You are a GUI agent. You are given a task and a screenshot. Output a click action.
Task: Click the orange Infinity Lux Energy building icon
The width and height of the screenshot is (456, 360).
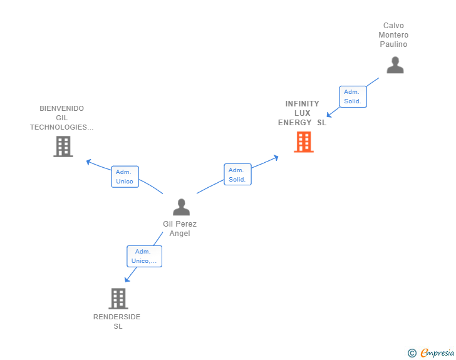coord(304,142)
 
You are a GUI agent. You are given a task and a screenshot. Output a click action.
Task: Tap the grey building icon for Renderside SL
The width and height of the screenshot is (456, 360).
coord(118,299)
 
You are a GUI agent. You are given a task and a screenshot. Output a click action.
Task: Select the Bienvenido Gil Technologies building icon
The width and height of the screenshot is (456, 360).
coord(63,147)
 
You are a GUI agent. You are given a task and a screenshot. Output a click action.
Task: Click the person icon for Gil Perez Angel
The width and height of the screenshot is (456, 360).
coord(181,207)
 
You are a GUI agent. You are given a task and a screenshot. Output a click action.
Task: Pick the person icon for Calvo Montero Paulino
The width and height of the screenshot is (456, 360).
coord(395,65)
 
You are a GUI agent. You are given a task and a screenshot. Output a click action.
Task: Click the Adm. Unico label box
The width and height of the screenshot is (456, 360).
coord(125,177)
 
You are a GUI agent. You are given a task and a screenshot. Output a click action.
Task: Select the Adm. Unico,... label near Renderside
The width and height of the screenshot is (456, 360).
coord(145,256)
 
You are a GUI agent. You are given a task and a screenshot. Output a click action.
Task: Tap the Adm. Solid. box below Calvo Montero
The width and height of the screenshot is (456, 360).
coord(353,96)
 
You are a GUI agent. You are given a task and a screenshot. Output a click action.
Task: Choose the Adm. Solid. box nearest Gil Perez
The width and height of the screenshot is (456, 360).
coord(237,175)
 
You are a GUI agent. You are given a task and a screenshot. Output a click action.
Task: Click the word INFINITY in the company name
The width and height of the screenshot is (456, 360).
coord(303,104)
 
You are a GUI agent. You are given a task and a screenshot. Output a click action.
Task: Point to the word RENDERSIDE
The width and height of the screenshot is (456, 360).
coord(117,317)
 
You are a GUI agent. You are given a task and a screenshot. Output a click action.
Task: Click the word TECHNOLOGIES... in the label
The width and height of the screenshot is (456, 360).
coord(62,127)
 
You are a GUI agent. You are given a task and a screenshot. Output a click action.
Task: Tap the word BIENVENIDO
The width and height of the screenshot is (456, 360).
coord(62,108)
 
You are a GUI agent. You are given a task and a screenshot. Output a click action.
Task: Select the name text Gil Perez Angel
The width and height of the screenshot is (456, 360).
coord(180,229)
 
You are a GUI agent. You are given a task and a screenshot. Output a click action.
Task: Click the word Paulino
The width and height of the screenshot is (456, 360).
coord(393,44)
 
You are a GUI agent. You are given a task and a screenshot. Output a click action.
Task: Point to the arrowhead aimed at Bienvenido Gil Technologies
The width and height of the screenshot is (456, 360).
coord(89,162)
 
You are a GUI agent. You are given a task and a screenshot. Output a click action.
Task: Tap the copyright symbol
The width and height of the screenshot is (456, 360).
coord(412,353)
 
